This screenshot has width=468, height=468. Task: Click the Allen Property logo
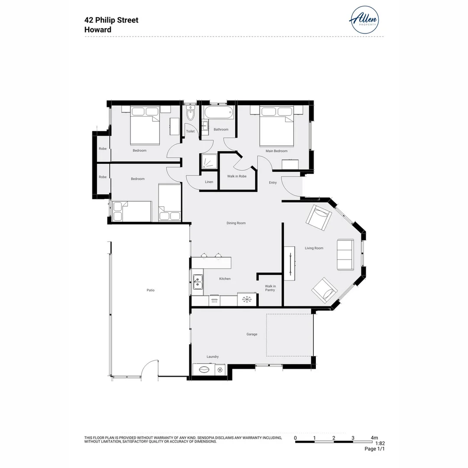coord(364,19)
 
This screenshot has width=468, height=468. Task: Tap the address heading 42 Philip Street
coord(111,20)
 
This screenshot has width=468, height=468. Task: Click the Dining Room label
coord(236,223)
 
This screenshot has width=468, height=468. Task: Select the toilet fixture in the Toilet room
coord(190,115)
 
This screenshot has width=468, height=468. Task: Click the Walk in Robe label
coord(237,176)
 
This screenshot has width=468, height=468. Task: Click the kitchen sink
coord(198,282)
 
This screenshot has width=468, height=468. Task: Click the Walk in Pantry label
coord(270,288)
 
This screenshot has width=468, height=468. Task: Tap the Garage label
coord(252,334)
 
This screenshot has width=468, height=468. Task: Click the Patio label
coord(150,290)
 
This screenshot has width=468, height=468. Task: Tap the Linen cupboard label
coord(209,182)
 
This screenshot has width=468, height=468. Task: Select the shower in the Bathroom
coord(209,162)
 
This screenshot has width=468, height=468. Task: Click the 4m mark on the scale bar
coord(374,438)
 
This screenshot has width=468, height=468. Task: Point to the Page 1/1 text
coord(374,449)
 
